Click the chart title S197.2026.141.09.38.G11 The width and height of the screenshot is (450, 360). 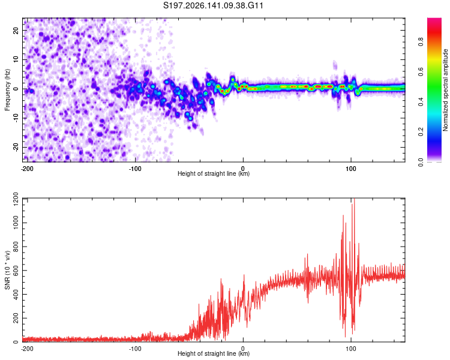pos(213,5)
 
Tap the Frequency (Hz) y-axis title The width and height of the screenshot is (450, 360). pos(7,90)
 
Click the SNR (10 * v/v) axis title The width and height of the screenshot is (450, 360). pos(7,270)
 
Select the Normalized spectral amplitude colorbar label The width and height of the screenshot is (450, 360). pos(445,90)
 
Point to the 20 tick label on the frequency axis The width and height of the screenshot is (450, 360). pos(16,30)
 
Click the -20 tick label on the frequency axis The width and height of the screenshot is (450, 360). pos(16,147)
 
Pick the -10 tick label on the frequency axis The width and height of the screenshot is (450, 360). pos(16,118)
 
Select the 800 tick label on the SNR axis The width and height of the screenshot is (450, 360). pos(16,247)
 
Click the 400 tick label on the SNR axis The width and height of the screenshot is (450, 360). pos(16,294)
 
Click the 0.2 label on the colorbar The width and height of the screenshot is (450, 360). pos(421,132)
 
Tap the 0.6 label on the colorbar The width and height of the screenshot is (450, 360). pos(421,72)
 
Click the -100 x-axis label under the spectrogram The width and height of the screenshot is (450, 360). pos(135,169)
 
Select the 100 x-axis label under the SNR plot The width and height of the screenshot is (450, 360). pos(351,349)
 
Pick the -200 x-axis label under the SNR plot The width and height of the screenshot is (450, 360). pos(27,349)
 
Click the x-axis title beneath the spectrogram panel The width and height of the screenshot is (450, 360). pos(214,173)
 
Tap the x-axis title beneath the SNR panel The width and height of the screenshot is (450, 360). pos(214,353)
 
